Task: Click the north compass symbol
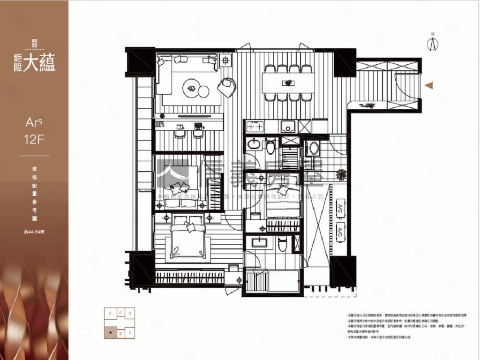433,43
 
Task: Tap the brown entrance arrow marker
428,85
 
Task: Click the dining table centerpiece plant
288,83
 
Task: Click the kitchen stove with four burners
255,127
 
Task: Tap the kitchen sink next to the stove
287,126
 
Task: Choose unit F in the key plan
111,313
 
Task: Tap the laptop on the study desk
198,126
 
